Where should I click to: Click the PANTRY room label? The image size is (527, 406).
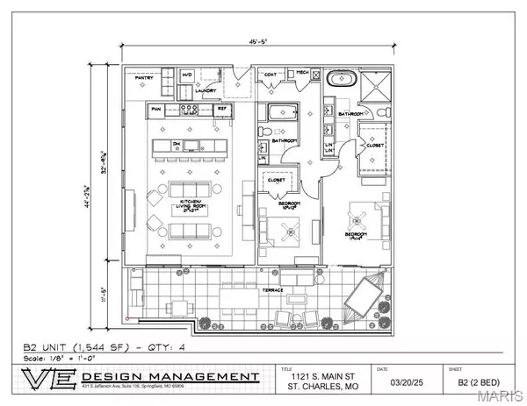pos(144,77)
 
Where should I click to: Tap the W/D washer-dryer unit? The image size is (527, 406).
pos(187,77)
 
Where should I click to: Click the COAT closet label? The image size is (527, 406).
pos(271,75)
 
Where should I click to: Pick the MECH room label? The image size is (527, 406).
pos(301,74)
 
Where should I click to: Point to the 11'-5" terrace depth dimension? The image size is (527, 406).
pos(106,295)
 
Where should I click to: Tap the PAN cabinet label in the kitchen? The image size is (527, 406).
pos(156,109)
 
